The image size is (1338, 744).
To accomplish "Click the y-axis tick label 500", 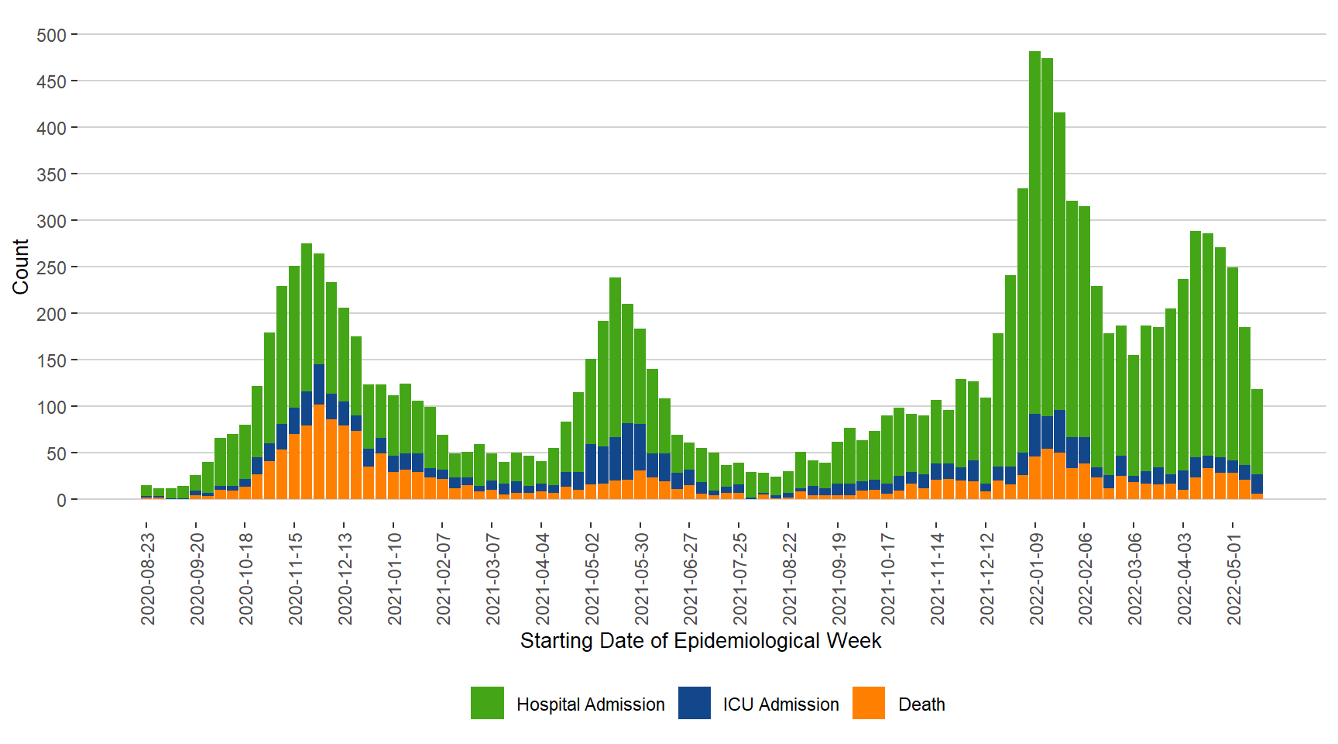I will coord(51,35).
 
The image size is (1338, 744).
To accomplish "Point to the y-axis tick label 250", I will coord(51,267).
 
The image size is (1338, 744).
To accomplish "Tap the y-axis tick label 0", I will coord(61,500).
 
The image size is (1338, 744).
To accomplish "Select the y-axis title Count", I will coord(21,267).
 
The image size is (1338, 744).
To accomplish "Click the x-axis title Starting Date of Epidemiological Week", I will coord(700,641).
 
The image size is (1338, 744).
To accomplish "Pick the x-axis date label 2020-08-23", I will coord(148,578).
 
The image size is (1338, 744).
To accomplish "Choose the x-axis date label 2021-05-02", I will coord(592,578).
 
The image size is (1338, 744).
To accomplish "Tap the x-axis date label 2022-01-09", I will coord(1037,578).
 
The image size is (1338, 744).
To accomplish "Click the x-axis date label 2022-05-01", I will coord(1234,578).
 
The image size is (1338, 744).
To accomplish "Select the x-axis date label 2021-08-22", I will coord(790,578).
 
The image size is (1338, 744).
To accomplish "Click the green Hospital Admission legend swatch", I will coord(487,703).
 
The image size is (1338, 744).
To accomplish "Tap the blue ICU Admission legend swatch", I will coord(695,703).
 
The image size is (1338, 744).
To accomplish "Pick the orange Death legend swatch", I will coord(869,703).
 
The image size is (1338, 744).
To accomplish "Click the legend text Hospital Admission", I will coord(590,704).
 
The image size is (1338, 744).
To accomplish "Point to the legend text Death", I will coord(921,704).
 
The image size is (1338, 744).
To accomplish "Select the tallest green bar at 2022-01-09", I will coord(1035,232).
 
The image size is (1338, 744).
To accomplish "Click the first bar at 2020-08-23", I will coord(146,491).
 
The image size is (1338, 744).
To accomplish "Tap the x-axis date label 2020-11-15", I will coord(296,578).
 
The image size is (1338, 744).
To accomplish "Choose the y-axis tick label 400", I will coord(51,128).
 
